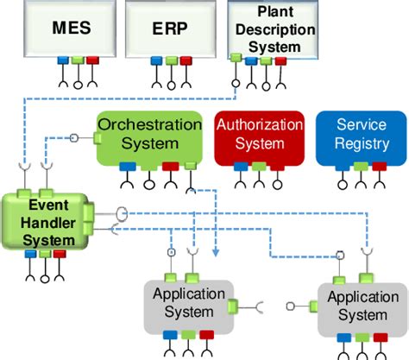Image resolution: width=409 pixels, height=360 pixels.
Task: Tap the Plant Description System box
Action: (x=274, y=28)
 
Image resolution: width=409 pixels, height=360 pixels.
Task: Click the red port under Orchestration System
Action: (x=171, y=166)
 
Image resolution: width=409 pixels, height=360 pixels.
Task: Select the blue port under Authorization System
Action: (x=237, y=166)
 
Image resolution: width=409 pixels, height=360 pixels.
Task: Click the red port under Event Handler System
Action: (x=59, y=254)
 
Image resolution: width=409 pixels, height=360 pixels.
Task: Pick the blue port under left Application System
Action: (x=167, y=334)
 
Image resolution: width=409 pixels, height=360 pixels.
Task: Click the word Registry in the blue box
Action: (x=362, y=143)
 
